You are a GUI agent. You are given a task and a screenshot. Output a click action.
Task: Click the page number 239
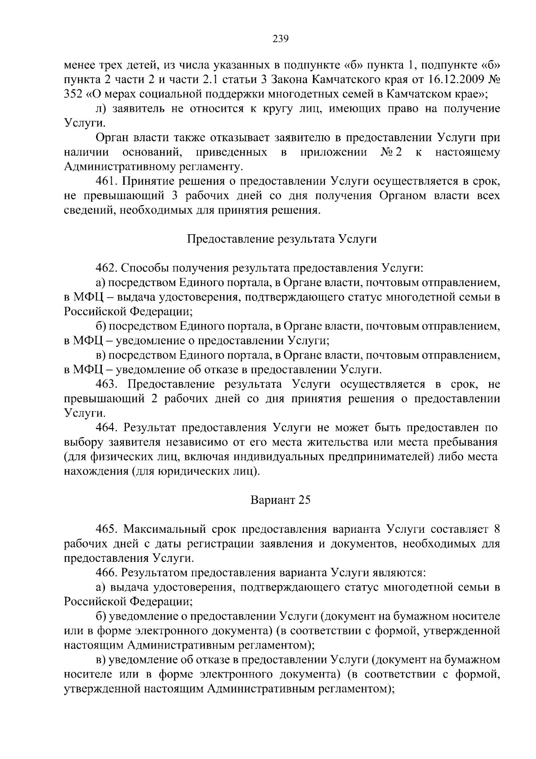pos(281,38)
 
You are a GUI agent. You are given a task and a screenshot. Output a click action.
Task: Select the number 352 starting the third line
pos(72,95)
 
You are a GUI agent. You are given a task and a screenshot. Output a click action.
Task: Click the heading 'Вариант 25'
pos(281,500)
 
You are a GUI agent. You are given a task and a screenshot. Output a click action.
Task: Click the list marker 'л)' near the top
pos(100,109)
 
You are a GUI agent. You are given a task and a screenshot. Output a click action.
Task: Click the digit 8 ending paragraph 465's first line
pos(497,529)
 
